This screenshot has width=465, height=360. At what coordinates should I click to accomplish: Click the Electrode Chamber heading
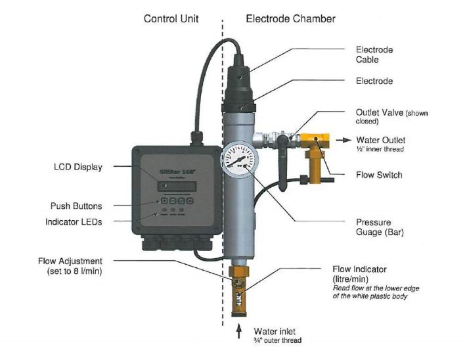290,18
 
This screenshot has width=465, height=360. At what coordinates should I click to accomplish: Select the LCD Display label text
77,167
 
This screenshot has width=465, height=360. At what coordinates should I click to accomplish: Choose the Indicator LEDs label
74,222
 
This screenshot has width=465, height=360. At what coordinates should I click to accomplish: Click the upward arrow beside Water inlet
240,330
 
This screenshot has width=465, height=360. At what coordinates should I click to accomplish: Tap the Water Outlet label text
380,140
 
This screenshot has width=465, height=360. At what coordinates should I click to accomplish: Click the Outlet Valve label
391,116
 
